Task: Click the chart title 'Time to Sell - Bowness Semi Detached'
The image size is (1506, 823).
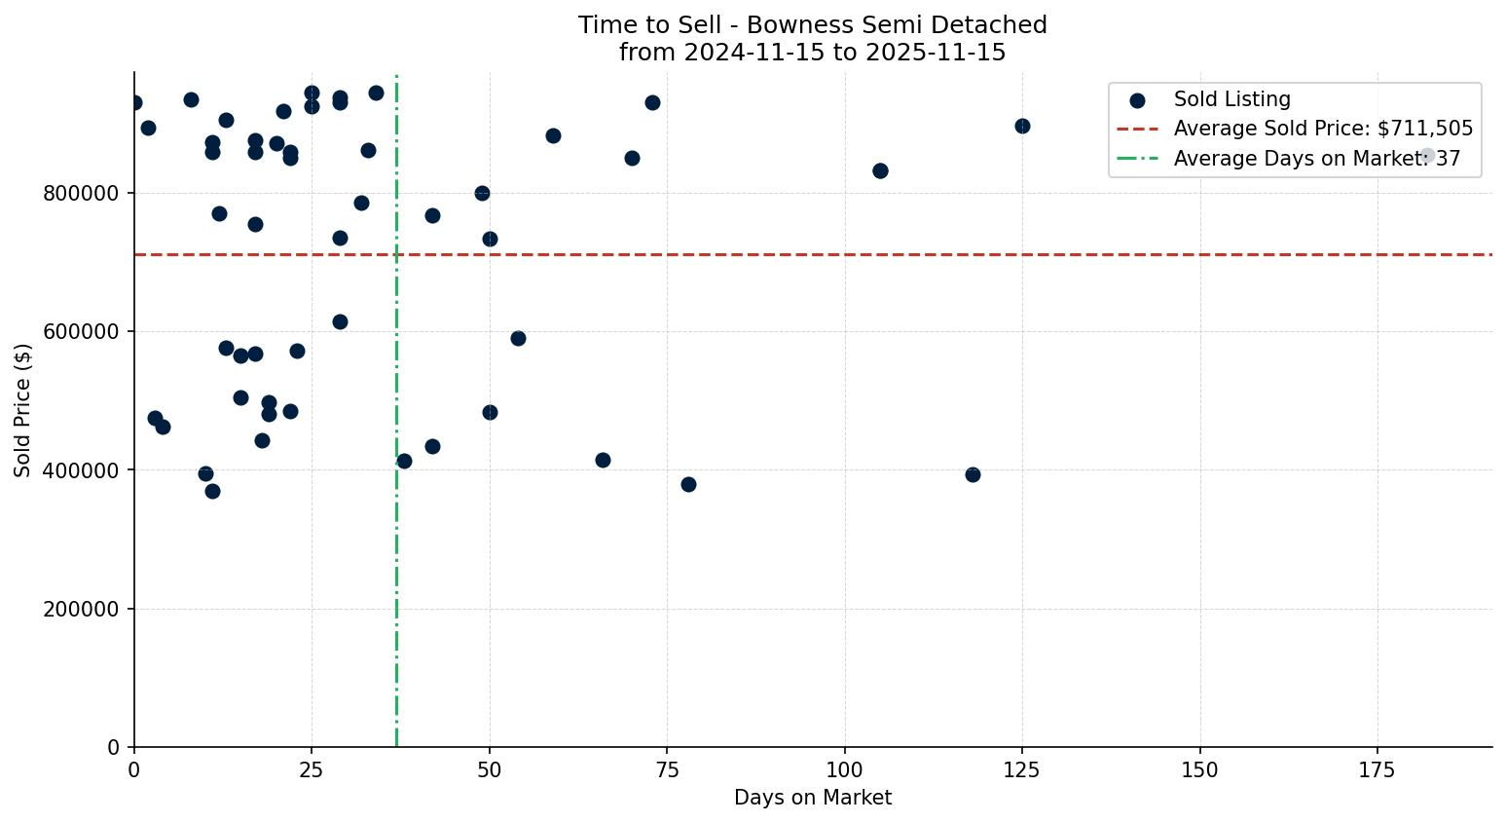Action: click(812, 25)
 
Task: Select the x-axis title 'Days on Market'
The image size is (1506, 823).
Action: click(812, 798)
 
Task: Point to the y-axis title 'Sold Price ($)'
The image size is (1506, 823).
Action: click(23, 409)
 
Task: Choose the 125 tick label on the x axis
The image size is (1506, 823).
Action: click(1022, 769)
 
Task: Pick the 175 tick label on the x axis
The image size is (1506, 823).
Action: click(1377, 769)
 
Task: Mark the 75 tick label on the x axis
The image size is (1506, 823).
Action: click(667, 769)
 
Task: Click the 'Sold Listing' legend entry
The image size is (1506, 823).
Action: click(1231, 99)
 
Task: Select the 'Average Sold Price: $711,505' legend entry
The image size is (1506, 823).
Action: click(1323, 129)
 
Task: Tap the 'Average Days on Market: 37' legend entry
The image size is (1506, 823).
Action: click(1316, 159)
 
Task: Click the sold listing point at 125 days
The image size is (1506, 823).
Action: click(1022, 126)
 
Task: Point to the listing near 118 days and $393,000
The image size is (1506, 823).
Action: click(973, 474)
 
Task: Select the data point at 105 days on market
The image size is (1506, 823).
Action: click(880, 170)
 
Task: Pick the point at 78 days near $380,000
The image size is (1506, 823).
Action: click(688, 484)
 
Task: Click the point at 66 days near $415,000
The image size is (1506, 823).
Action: click(603, 460)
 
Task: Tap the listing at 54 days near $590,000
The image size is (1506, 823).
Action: click(518, 338)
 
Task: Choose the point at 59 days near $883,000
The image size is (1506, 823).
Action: click(553, 135)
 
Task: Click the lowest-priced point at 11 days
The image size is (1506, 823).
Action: click(212, 491)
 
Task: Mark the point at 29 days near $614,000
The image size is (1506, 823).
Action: click(340, 321)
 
